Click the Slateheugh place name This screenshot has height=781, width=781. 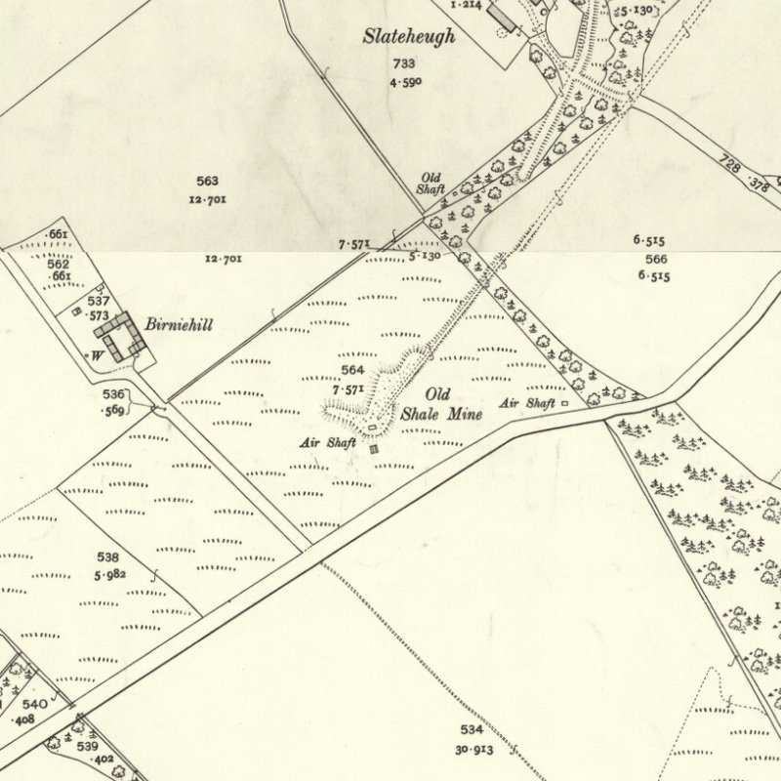coord(409,37)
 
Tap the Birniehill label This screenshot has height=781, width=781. coord(179,324)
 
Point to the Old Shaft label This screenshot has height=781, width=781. coord(431,184)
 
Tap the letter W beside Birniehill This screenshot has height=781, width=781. coord(97,355)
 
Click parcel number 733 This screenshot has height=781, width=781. coord(403,63)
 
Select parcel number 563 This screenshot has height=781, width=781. coord(207,181)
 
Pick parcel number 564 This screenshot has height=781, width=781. coord(352,370)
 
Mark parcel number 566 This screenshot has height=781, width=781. coord(656,258)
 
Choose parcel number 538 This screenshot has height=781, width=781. coord(108,556)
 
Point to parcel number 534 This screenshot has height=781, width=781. coord(472,729)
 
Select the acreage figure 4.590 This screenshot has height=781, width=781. coord(403,81)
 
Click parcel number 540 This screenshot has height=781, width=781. coord(34,704)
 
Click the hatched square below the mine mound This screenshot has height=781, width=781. coord(374,448)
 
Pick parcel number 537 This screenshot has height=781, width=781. coord(98,302)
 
